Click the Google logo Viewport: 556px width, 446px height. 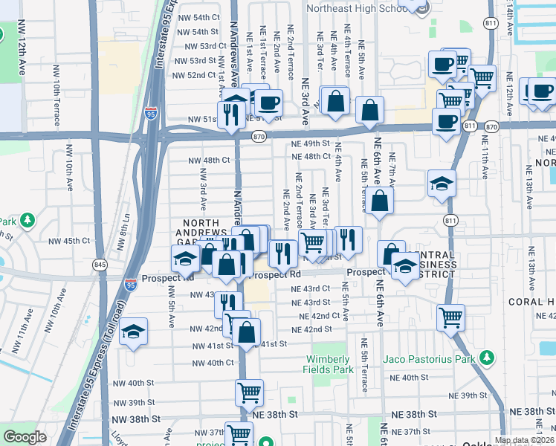tap(25, 437)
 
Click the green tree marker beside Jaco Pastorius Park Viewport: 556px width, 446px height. tap(487, 358)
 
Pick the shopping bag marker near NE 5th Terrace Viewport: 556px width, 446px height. tap(379, 200)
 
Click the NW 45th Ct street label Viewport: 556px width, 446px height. tap(70, 241)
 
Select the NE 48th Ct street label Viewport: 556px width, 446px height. tap(311, 157)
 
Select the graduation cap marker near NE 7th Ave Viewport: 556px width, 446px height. tap(442, 184)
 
